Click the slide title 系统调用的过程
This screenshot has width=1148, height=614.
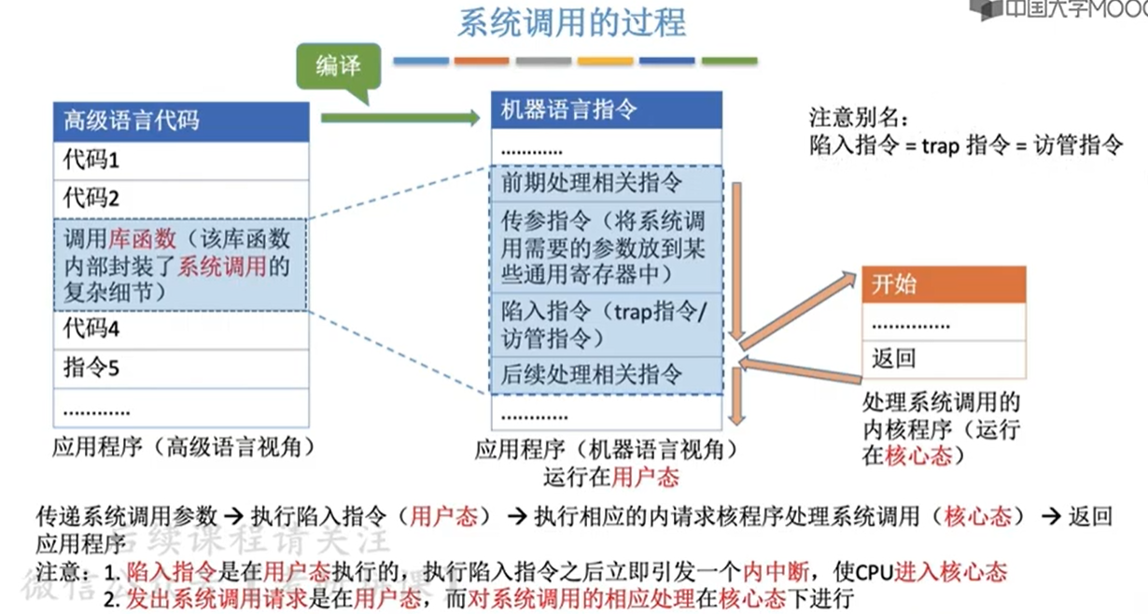(571, 22)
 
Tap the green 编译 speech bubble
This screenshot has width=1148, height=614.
(338, 66)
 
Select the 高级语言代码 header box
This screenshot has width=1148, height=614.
(181, 120)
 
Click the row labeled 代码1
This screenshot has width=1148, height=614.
(181, 160)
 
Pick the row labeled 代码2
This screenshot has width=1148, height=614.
(181, 199)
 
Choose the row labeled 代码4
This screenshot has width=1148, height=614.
(181, 329)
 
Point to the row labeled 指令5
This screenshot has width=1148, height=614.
(181, 369)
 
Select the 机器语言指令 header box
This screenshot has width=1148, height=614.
(607, 109)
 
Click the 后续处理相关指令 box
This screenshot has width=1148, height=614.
(607, 375)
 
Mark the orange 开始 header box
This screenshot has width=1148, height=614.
(943, 285)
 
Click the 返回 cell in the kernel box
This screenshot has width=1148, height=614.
(943, 358)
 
